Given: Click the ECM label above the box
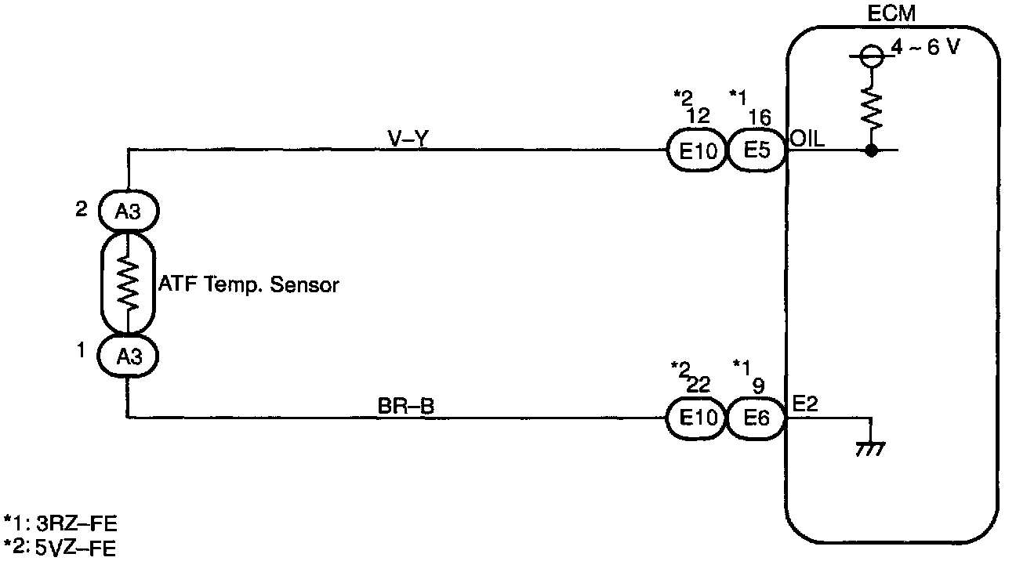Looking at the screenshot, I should [x=893, y=15].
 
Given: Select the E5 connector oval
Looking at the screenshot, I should [x=757, y=150].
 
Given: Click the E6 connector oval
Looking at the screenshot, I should [x=757, y=419].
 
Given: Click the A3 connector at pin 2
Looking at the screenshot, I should [x=128, y=212].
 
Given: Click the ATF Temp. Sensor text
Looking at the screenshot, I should [x=249, y=284].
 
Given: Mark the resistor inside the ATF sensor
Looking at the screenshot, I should [x=127, y=283].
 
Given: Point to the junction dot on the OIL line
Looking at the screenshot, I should [x=870, y=150].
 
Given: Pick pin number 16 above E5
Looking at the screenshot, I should [x=759, y=118].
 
